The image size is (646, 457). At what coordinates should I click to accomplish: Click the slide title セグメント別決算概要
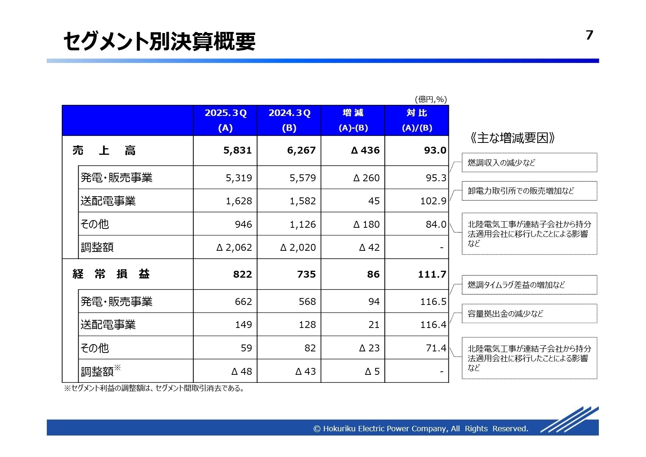[159, 41]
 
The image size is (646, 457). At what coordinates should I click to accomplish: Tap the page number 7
[589, 35]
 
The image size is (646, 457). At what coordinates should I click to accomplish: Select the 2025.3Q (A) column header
[225, 120]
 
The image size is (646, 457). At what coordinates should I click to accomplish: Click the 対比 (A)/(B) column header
[417, 120]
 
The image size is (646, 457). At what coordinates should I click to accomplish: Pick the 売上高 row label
[104, 151]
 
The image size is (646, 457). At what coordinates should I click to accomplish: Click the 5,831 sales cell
[237, 151]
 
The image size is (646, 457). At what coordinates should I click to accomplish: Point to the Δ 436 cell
[365, 151]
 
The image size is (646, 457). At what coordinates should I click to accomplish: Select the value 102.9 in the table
[433, 201]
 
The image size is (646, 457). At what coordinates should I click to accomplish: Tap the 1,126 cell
[303, 224]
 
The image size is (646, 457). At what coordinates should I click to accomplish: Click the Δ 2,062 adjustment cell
[234, 248]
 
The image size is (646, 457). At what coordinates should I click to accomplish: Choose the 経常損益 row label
[111, 274]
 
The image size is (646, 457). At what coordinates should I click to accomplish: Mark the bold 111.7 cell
[432, 274]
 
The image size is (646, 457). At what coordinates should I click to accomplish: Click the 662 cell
[243, 301]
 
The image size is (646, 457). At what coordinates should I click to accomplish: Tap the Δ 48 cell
[242, 371]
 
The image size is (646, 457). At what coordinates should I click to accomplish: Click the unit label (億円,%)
[431, 99]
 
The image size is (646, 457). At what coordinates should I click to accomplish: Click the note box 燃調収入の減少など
[529, 163]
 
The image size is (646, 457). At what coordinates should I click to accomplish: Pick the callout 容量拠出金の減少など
[529, 314]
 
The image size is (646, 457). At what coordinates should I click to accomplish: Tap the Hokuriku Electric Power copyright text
[421, 429]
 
